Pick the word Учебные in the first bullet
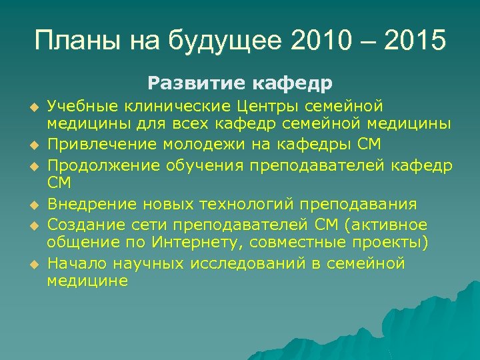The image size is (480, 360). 79,105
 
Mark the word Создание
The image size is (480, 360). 82,224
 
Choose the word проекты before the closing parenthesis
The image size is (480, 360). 389,241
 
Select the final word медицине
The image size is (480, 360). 87,281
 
